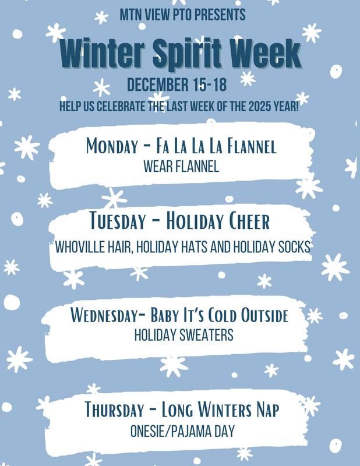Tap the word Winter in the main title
point(98,54)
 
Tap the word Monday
point(111,146)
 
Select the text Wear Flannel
point(181,167)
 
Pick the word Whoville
point(79,246)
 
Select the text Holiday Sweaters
point(183,336)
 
